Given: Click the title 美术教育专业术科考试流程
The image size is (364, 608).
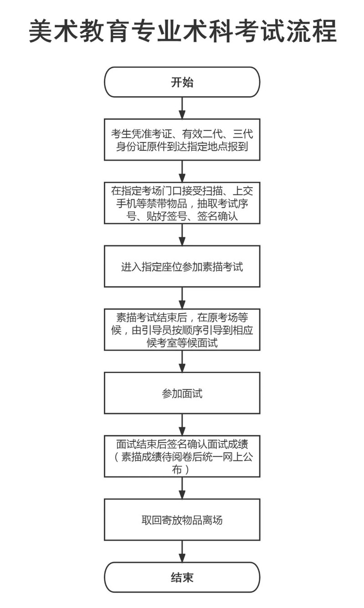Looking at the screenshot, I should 182,31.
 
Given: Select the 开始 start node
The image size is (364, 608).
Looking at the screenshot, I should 182,82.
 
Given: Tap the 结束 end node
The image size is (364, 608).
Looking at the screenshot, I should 182,577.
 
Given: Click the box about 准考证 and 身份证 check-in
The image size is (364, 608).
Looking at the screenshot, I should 182,140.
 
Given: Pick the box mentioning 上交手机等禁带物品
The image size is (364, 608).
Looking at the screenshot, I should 182,203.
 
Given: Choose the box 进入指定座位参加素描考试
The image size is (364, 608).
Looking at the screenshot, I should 182,266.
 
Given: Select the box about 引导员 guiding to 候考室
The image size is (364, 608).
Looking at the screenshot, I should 182,329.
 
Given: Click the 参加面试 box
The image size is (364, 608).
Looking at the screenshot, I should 182,393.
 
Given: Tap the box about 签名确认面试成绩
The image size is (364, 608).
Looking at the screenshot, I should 182,456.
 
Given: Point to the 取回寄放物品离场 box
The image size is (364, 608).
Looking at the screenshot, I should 182,520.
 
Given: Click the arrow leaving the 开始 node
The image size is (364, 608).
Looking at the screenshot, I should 182,108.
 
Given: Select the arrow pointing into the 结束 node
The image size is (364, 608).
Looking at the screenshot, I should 182,551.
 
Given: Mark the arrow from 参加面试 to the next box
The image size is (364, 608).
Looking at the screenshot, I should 182,424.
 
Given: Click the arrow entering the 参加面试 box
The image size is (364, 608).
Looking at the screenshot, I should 182,361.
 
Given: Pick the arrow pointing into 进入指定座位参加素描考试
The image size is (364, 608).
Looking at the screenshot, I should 182,235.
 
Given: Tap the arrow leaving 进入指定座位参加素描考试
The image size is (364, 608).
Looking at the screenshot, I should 182,298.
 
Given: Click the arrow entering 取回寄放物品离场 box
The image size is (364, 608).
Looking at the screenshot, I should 182,488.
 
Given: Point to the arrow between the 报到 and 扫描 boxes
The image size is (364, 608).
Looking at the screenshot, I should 182,171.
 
